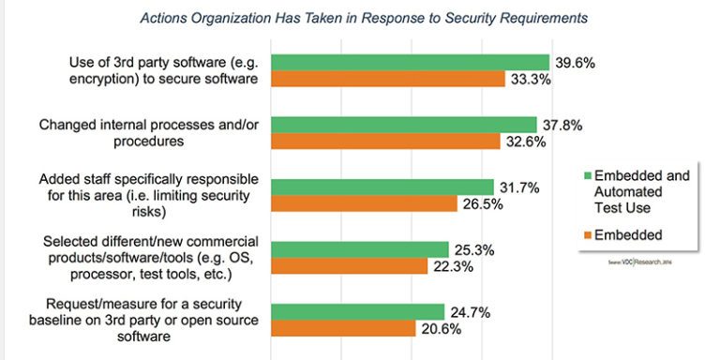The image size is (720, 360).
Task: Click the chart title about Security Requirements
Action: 365,18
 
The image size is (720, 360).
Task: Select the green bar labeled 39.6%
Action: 410,62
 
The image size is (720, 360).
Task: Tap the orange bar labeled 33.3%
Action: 387,79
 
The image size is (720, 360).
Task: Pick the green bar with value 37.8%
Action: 403,125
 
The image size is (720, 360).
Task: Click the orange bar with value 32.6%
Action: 385,142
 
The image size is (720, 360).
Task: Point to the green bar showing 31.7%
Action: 382,187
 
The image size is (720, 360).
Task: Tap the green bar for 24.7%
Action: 357,311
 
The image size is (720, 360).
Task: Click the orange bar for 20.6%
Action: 343,328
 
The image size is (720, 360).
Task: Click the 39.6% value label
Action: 575,62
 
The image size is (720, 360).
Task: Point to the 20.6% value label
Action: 441,328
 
